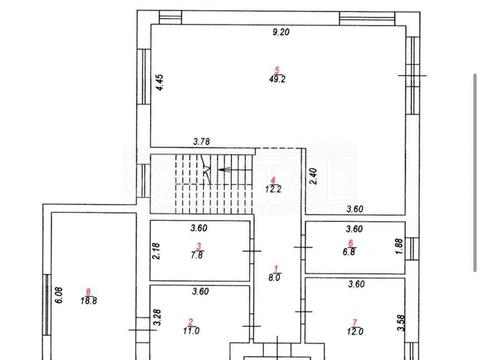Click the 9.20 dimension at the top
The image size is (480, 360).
click(x=281, y=32)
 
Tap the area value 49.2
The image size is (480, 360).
click(x=277, y=79)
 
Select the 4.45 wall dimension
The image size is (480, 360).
click(x=160, y=82)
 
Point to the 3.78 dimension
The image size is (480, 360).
click(x=202, y=142)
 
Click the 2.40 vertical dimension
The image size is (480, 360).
click(x=313, y=176)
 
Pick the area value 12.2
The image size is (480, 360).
click(x=273, y=189)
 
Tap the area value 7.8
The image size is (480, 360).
click(x=197, y=255)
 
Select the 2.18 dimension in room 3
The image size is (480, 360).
click(x=156, y=251)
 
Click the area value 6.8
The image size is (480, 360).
click(x=349, y=252)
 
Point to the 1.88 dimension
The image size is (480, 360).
click(x=400, y=246)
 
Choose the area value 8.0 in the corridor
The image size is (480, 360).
click(x=274, y=277)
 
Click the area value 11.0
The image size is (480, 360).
click(x=191, y=331)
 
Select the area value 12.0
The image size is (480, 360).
click(x=355, y=331)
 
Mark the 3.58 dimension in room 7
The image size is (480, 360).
click(x=401, y=323)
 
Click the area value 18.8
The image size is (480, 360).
click(x=89, y=300)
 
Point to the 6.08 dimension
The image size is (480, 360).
click(x=59, y=295)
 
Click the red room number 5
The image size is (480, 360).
click(x=277, y=70)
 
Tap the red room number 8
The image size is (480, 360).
click(x=88, y=292)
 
